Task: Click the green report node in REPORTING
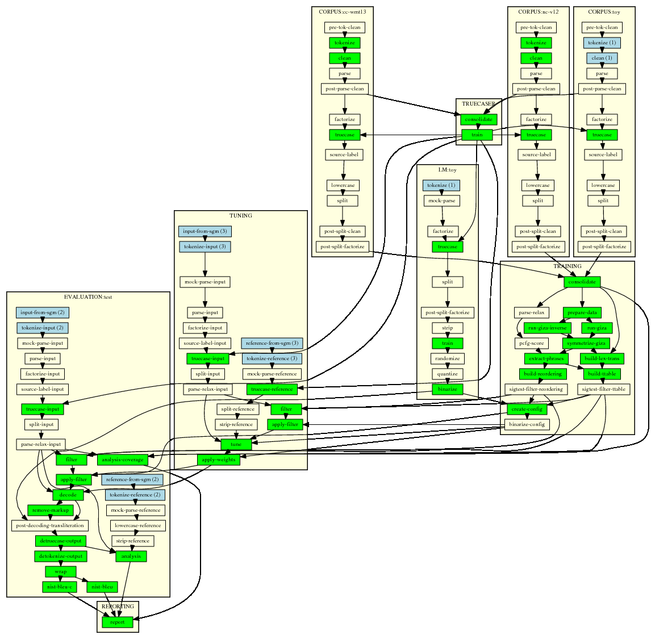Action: coord(118,622)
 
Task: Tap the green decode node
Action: coord(68,495)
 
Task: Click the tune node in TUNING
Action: coord(236,444)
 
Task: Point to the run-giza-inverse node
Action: coord(547,328)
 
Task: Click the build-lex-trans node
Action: coord(602,358)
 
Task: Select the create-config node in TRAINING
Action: coord(527,409)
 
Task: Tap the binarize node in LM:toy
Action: coord(448,389)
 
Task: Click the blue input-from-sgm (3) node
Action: coord(205,231)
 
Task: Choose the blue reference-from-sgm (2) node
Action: coord(132,479)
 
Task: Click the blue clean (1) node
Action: coord(602,58)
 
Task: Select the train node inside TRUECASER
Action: coord(477,135)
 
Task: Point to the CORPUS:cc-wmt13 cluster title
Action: coord(343,11)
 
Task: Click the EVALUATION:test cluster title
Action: coord(88,297)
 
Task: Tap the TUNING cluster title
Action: coord(240,216)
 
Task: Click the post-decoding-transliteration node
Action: coord(50,525)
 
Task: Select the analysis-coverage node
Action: coord(123,460)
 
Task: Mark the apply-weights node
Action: coord(218,460)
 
